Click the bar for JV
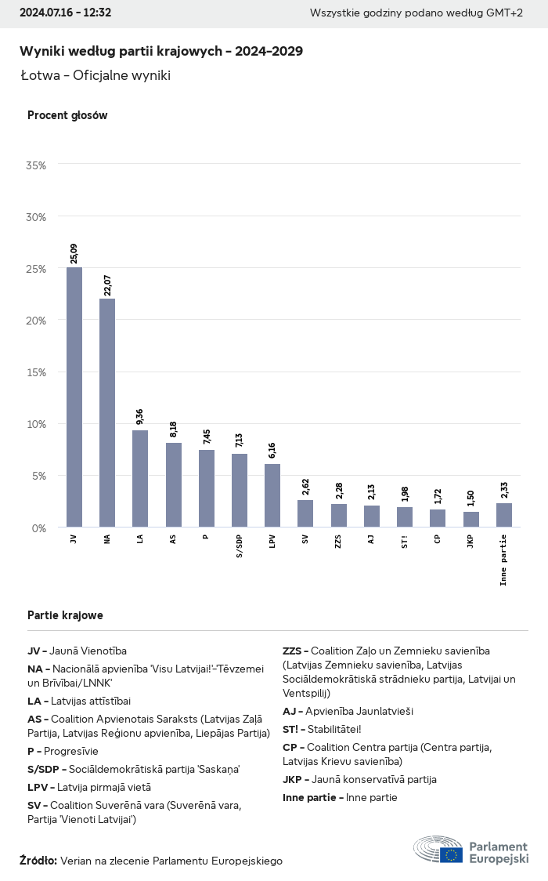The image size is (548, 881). point(74,397)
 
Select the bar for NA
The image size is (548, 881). point(107,412)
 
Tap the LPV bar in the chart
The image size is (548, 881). point(272,495)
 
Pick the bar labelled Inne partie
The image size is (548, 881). point(504,515)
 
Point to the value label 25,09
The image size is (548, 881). point(74,252)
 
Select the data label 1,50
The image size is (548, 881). point(471,498)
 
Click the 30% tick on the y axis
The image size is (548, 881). point(36,216)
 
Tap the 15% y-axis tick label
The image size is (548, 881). point(36,372)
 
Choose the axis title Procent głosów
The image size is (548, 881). point(67,115)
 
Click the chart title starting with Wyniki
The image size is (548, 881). point(161,51)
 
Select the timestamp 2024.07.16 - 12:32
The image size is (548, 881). point(65,13)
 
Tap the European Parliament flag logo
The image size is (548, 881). point(451,855)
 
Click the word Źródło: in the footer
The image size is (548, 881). point(38,861)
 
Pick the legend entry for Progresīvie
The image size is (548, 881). point(63,751)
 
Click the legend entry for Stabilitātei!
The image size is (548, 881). point(322,729)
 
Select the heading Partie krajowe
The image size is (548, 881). point(65,615)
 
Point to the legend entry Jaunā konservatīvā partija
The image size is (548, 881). point(359,779)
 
